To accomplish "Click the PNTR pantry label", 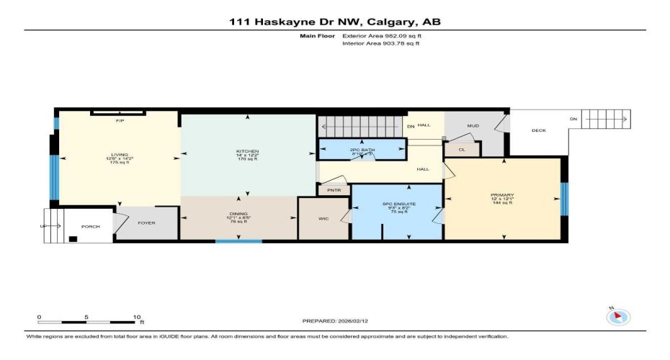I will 334,191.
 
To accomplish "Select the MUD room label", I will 473,126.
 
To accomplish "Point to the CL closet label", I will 462,150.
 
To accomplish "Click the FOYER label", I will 147,223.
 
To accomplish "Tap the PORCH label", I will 90,227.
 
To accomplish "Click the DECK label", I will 539,130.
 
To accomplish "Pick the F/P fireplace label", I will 120,121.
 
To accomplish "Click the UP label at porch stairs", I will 42,227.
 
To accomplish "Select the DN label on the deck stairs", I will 573,120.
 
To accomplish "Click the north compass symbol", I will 619,317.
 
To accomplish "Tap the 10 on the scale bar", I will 136,317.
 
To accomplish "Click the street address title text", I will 335,22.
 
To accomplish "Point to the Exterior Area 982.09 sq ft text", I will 381,35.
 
